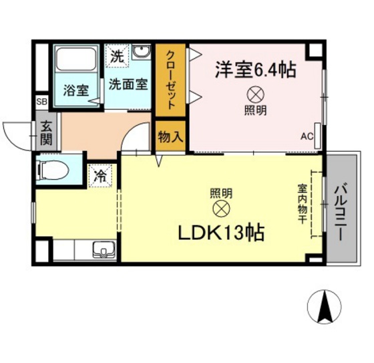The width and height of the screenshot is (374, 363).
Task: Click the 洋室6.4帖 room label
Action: pos(256,70)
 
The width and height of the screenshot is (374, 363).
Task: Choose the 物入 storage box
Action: pos(170,137)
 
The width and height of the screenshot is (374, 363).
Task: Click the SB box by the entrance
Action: pos(41,103)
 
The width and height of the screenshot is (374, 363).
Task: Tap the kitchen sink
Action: pos(103,251)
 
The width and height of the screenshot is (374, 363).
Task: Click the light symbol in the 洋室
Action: pos(255,94)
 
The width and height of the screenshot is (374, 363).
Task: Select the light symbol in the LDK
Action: pos(221,209)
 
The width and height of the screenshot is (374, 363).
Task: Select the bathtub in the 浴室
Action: pos(76,64)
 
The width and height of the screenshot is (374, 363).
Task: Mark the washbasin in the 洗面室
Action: pos(141,54)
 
